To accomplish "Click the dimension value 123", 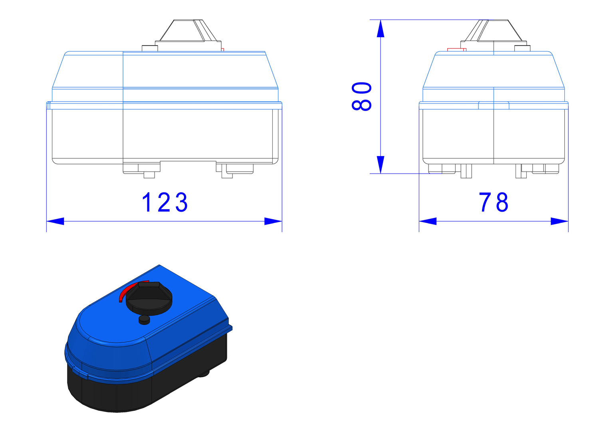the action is pos(165,202).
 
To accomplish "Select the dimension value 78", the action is pos(494,202).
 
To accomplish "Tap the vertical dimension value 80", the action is pos(361,96).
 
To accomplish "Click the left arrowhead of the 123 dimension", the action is pos(55,221).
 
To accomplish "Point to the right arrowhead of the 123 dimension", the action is pos(273,221).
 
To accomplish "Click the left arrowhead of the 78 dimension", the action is pos(428,221).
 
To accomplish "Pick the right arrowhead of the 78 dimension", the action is pos(559,221).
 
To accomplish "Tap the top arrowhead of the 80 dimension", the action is pos(381,28).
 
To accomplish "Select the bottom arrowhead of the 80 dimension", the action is pos(381,164).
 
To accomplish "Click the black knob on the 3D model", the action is pos(149,298).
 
